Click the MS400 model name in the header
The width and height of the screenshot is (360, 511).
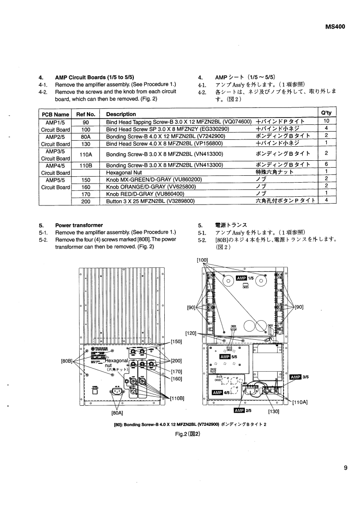point(335,26)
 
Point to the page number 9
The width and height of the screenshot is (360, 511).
point(346,466)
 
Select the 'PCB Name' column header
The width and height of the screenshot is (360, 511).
point(56,114)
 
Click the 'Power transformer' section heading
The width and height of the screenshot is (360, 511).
point(79,225)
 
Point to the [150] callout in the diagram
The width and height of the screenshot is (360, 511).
point(176,341)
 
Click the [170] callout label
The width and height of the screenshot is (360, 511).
point(176,371)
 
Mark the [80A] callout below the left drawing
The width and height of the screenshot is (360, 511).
point(118,414)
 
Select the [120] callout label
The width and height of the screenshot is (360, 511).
point(190,333)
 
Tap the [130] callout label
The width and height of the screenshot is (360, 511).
point(273,411)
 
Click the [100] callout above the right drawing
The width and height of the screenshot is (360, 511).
point(203,260)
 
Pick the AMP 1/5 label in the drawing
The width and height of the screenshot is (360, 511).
point(245,278)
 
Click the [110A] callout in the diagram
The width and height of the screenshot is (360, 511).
point(300,403)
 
